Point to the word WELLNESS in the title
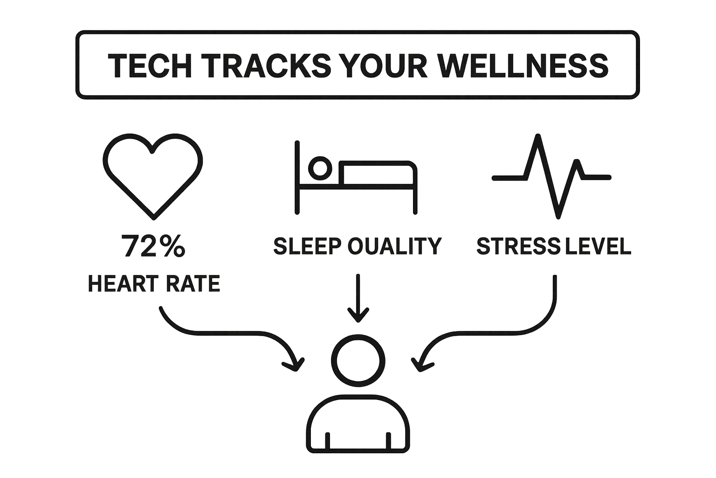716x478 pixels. point(524,65)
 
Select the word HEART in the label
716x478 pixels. point(122,283)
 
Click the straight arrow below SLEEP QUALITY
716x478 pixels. point(358,299)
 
